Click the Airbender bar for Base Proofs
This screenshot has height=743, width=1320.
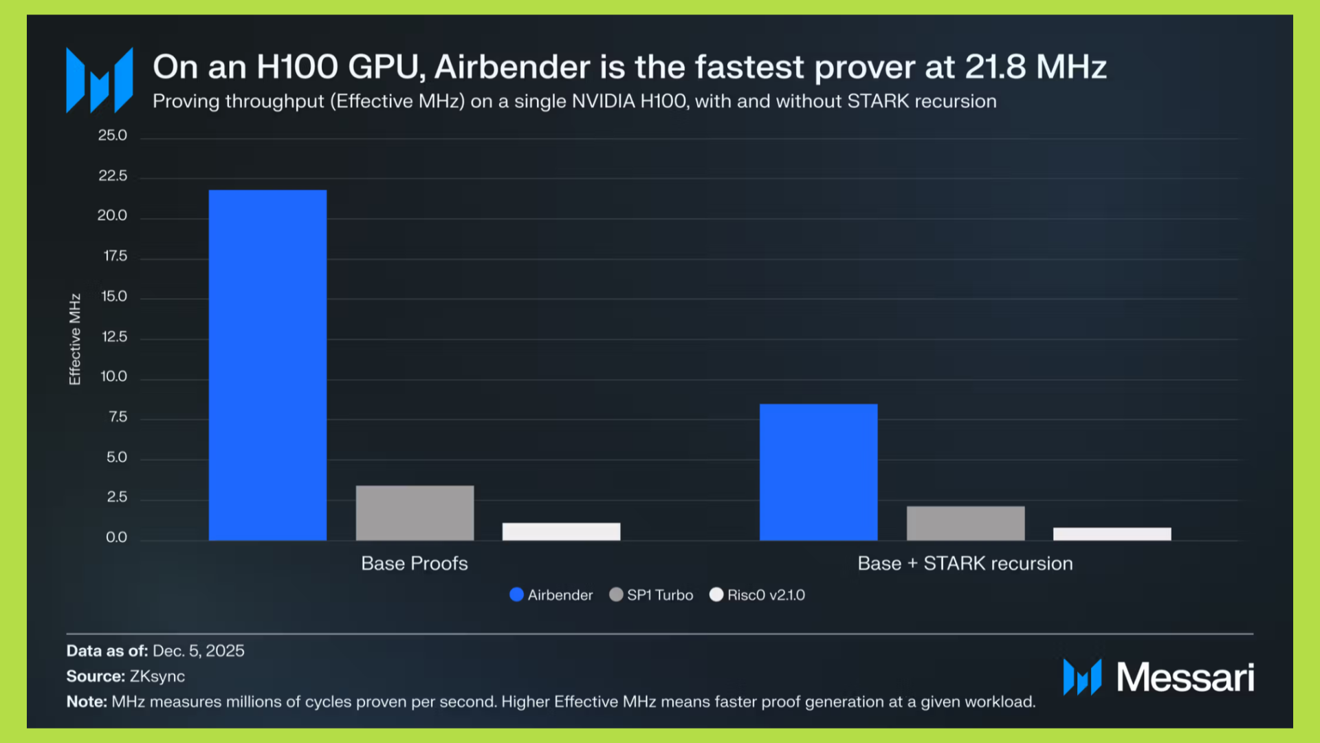point(267,365)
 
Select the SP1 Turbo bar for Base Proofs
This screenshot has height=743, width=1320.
point(415,513)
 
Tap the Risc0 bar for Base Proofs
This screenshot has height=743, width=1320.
point(561,531)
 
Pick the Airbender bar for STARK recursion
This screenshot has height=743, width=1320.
point(818,472)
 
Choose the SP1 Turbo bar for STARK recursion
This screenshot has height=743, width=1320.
point(965,523)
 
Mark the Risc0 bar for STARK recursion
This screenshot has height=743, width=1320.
point(1112,534)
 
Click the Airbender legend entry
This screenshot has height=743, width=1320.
point(551,595)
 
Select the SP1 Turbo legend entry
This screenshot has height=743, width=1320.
point(652,595)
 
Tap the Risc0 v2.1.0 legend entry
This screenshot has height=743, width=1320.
point(758,595)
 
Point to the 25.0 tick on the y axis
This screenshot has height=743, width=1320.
point(113,136)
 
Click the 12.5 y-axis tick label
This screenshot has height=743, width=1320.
point(114,337)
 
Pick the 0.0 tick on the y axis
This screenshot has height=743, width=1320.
point(116,537)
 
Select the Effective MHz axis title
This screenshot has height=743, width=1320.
point(75,339)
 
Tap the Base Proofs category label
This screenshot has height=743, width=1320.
point(415,563)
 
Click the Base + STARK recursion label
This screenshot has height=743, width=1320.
point(965,563)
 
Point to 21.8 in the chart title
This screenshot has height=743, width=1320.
point(995,67)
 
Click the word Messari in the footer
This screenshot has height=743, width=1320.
point(1185,678)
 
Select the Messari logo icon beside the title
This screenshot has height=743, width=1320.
point(100,80)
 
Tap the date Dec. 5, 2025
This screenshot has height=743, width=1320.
point(199,651)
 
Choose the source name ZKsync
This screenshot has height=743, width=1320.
point(157,676)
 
